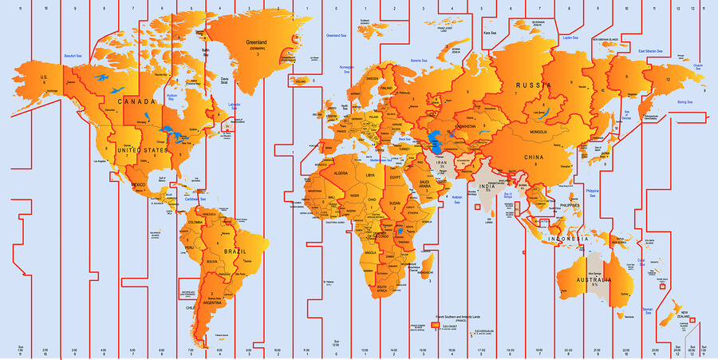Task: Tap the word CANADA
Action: tap(137, 101)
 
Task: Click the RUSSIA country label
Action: tap(535, 85)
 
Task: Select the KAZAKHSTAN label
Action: tap(460, 126)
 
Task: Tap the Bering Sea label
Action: tap(685, 102)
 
